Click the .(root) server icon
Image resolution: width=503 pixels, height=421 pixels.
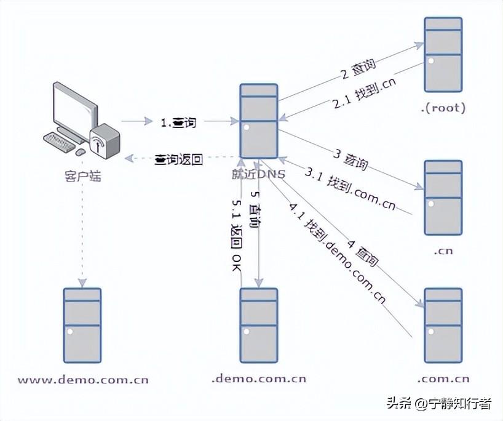[x=443, y=54]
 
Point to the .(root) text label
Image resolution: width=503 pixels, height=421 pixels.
[x=443, y=108]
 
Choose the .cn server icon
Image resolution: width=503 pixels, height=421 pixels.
[x=443, y=198]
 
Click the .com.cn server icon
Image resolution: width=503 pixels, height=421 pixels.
[x=443, y=325]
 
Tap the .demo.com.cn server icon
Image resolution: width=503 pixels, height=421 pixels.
[x=259, y=325]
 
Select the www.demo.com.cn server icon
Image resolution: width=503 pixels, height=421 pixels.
[x=82, y=325]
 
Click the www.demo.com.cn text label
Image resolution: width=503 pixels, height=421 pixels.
[x=82, y=379]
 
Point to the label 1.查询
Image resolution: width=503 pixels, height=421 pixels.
[x=178, y=122]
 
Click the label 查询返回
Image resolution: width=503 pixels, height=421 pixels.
[x=178, y=159]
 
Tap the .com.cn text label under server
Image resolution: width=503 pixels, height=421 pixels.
[x=443, y=379]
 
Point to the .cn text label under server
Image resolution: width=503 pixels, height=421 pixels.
[x=443, y=251]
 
